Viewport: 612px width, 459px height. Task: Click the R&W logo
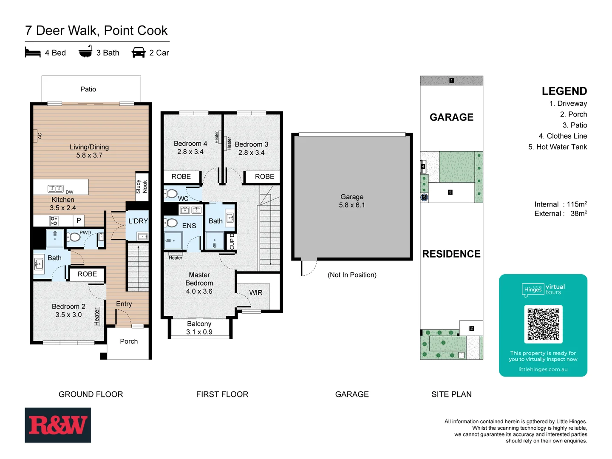tap(58, 425)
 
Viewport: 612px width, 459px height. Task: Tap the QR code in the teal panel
tap(543, 324)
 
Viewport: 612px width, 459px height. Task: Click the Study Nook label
tap(142, 187)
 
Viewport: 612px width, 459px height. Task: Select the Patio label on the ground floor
tap(88, 89)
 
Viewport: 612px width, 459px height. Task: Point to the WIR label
tap(256, 293)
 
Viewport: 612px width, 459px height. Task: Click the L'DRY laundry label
tap(138, 221)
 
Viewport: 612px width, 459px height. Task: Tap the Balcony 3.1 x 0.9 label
tap(199, 328)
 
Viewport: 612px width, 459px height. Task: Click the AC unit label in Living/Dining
tap(40, 136)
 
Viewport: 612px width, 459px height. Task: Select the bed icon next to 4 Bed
tap(33, 53)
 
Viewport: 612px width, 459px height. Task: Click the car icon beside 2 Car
tap(139, 53)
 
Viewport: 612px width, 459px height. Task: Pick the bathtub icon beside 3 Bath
tap(85, 52)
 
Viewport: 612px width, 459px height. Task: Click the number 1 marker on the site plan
tap(451, 80)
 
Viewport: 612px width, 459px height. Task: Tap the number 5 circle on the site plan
tap(424, 197)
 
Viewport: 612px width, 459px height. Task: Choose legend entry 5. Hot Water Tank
tap(557, 147)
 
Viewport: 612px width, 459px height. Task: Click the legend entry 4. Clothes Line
tap(562, 136)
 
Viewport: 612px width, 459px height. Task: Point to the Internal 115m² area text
tap(560, 204)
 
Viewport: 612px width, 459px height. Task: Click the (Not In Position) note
tap(352, 275)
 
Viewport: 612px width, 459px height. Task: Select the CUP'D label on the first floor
tap(232, 241)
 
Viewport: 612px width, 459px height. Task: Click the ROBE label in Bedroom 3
tap(264, 176)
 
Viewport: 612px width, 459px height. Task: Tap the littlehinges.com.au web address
tap(543, 369)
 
